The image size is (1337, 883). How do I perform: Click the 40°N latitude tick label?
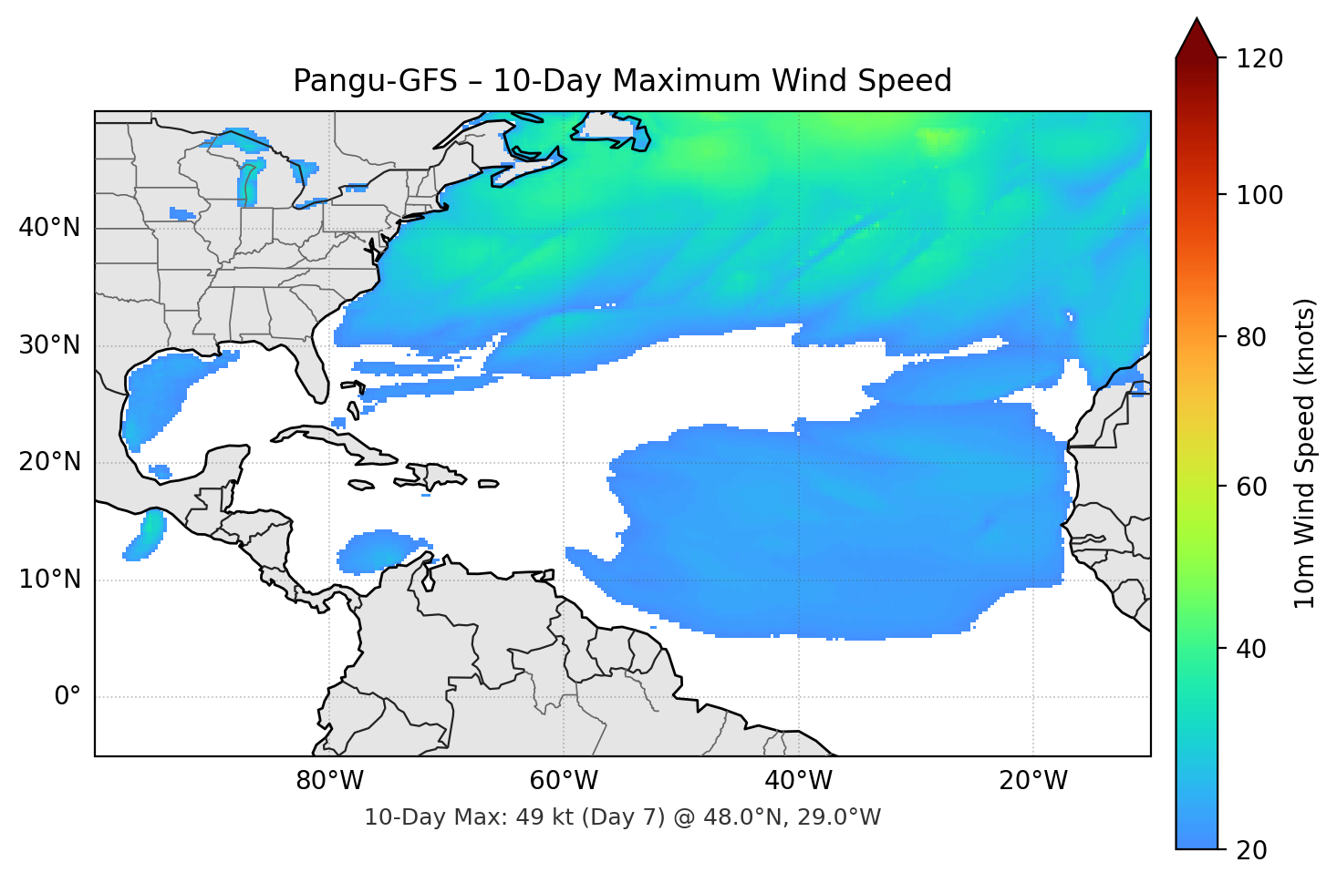(x=49, y=228)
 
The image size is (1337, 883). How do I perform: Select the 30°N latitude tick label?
(x=49, y=345)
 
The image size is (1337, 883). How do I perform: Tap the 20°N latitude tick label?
(x=49, y=462)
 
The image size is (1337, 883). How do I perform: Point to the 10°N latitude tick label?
(x=49, y=580)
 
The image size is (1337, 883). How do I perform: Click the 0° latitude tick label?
(x=67, y=697)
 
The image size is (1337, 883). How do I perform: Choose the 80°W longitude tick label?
(x=329, y=781)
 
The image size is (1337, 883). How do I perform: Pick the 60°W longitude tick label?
(x=564, y=781)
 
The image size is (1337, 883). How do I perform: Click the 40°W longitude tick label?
(x=798, y=781)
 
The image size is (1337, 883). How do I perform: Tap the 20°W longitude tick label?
(x=1032, y=781)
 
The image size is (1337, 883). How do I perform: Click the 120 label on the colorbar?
(x=1259, y=59)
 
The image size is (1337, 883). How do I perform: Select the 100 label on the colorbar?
(x=1259, y=195)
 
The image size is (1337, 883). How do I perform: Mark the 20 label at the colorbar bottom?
(x=1251, y=850)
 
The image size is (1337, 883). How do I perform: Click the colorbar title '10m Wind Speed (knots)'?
(x=1305, y=454)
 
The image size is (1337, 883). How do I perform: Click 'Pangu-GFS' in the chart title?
(x=375, y=81)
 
